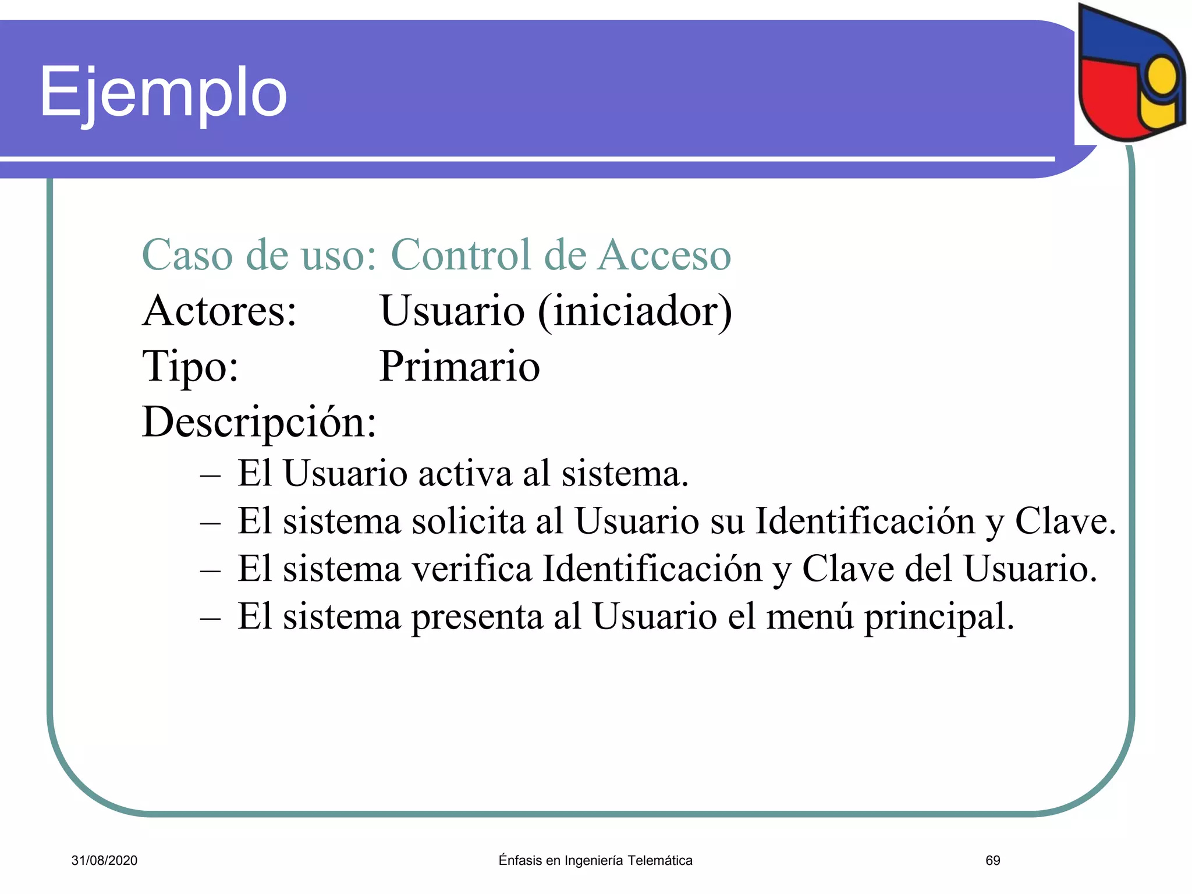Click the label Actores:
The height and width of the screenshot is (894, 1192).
219,311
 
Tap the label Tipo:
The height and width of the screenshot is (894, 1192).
190,367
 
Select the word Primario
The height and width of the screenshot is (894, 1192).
459,367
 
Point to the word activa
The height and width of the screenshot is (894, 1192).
465,473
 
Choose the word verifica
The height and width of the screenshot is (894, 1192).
472,569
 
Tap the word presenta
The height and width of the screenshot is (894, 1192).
477,617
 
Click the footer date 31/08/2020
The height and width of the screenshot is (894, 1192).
104,861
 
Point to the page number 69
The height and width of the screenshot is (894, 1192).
993,861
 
